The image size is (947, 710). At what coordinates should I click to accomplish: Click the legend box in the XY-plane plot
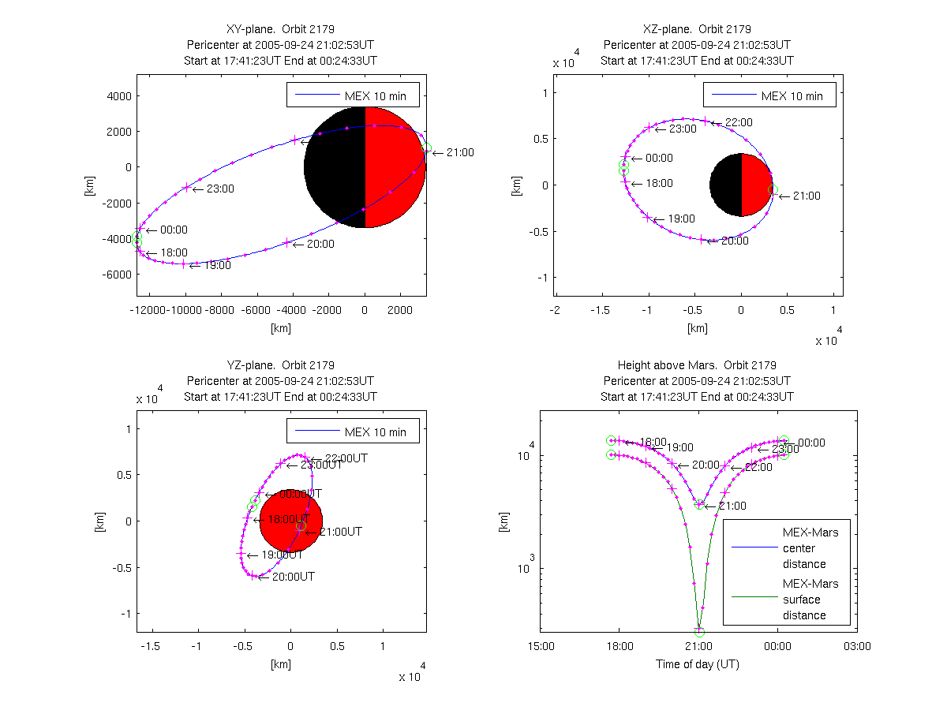[352, 95]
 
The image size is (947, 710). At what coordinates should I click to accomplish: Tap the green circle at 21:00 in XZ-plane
[773, 189]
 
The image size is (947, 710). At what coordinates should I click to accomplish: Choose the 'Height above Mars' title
[697, 365]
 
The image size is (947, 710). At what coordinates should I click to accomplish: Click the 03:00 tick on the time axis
[857, 645]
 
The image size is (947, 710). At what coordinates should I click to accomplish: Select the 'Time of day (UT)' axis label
[698, 664]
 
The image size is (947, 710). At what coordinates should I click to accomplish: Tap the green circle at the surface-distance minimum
[699, 632]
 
